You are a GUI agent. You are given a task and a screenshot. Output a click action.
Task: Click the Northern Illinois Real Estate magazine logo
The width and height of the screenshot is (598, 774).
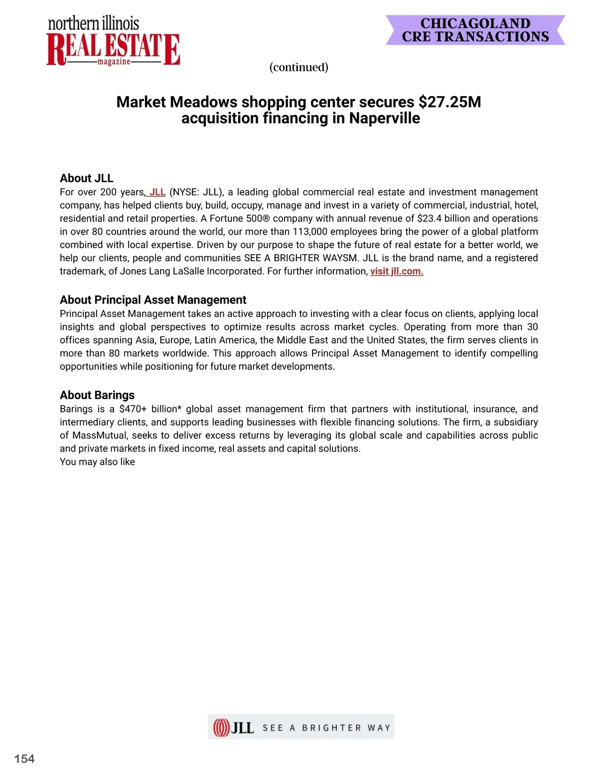(x=113, y=42)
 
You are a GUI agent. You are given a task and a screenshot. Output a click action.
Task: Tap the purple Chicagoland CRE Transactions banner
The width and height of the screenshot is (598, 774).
(x=475, y=30)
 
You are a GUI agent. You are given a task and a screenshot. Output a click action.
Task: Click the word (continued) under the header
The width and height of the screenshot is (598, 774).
(x=299, y=67)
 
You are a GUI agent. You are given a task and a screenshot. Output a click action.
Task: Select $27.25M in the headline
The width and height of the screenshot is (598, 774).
(x=449, y=102)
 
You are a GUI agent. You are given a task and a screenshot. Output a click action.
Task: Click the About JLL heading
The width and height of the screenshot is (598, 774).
(x=86, y=178)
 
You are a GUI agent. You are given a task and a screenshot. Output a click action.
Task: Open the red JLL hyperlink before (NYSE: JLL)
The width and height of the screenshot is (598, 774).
(x=157, y=192)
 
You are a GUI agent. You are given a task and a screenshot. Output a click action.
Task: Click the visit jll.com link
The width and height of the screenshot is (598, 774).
(x=397, y=272)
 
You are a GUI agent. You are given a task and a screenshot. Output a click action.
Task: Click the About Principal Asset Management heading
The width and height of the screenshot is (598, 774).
(x=153, y=300)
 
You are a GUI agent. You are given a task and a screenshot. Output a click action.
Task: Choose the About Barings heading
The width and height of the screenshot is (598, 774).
(x=97, y=395)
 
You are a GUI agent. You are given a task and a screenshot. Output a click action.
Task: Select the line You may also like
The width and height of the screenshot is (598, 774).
(x=97, y=462)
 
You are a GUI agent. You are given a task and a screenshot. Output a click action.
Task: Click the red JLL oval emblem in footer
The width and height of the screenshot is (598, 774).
(x=221, y=728)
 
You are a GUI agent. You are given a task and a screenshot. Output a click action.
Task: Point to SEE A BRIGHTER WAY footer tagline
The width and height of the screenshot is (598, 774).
(x=326, y=728)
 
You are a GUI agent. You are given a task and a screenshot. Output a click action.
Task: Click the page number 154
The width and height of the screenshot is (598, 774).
(x=24, y=759)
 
